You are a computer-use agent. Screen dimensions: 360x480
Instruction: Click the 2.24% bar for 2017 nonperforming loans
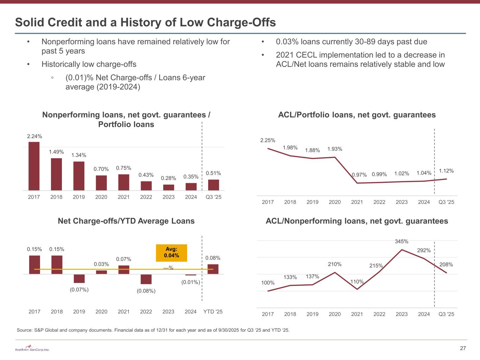(x=34, y=166)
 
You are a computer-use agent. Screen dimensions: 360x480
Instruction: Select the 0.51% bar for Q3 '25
(x=213, y=185)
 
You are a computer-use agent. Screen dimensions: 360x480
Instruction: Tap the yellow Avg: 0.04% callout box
(x=172, y=253)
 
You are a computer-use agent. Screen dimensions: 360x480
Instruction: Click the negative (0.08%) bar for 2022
(x=146, y=279)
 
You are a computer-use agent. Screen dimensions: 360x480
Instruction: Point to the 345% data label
(x=402, y=242)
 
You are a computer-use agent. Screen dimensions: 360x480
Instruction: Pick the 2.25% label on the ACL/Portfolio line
(x=268, y=140)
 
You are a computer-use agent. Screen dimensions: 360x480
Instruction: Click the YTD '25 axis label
(x=213, y=311)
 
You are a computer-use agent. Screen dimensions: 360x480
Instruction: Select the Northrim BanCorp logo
(x=32, y=348)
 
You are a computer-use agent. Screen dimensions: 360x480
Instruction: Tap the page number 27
(x=463, y=348)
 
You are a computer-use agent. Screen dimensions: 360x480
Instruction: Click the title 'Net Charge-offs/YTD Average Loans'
(x=126, y=221)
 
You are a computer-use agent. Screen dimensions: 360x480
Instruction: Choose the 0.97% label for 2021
(x=359, y=175)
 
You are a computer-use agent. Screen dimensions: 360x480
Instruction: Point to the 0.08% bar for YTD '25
(x=213, y=269)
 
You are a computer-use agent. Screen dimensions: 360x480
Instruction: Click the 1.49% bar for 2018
(x=56, y=174)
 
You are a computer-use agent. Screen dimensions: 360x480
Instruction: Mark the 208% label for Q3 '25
(x=446, y=264)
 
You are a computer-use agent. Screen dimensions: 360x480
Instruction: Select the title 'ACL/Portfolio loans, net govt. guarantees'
(x=357, y=115)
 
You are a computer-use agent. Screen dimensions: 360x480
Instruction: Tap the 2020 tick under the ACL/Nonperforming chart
(x=335, y=314)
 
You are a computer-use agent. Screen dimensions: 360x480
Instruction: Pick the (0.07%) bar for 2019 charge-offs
(x=79, y=278)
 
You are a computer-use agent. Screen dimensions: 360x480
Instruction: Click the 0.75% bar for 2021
(x=124, y=182)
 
